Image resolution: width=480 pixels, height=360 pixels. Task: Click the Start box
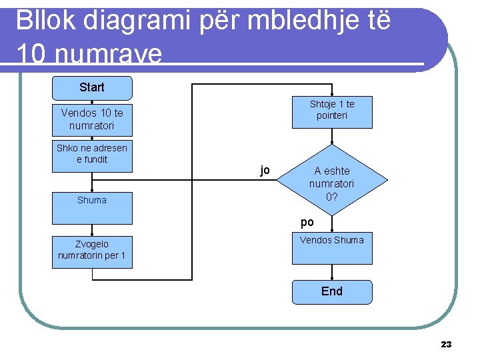(92, 87)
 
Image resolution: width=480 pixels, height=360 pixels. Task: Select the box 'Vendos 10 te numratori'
(92, 119)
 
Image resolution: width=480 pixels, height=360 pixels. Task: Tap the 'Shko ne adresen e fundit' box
(92, 155)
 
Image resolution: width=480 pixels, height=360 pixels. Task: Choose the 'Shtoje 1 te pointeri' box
(332, 111)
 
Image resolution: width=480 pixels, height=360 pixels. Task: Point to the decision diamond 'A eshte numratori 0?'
(332, 180)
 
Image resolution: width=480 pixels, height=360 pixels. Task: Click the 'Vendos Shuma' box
(332, 248)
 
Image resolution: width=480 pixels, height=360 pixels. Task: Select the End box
(332, 291)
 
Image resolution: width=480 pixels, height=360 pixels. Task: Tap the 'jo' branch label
(265, 171)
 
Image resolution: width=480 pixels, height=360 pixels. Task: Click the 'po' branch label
(307, 222)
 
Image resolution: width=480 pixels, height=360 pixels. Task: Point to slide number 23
(446, 344)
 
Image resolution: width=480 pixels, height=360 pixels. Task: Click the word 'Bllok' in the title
(42, 21)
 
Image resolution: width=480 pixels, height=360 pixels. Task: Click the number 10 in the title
(31, 54)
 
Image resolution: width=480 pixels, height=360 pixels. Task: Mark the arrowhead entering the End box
(332, 277)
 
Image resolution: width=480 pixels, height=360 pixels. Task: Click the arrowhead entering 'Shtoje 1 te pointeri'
(332, 94)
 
